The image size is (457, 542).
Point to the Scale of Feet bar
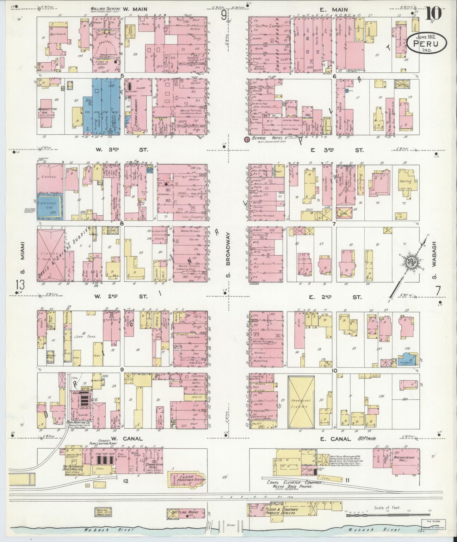coord(387,515)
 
